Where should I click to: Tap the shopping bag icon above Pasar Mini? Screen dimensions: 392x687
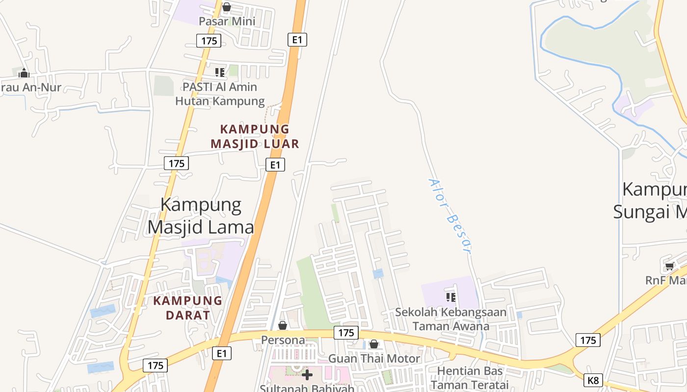pyautogui.click(x=226, y=7)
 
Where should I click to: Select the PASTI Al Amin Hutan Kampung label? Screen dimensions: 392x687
pyautogui.click(x=220, y=94)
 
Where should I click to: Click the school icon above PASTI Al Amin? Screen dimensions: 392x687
pyautogui.click(x=220, y=73)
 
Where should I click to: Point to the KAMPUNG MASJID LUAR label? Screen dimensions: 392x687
pyautogui.click(x=255, y=136)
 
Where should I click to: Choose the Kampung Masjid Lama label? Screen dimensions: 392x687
pyautogui.click(x=201, y=216)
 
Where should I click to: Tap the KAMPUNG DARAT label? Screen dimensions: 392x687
pyautogui.click(x=188, y=308)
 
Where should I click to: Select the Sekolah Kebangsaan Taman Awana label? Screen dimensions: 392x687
pyautogui.click(x=451, y=319)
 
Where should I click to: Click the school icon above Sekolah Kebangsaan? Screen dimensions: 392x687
pyautogui.click(x=451, y=297)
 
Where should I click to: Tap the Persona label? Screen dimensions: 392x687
pyautogui.click(x=283, y=340)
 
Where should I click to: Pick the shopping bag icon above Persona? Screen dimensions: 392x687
pyautogui.click(x=283, y=325)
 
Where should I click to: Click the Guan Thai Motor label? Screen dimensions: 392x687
pyautogui.click(x=374, y=359)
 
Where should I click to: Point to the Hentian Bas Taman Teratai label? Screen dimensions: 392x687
pyautogui.click(x=470, y=377)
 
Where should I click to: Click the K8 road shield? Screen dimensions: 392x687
pyautogui.click(x=593, y=380)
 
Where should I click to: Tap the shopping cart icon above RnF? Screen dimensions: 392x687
pyautogui.click(x=669, y=266)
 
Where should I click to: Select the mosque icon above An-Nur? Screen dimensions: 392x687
pyautogui.click(x=24, y=73)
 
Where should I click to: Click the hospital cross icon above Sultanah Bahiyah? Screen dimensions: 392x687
pyautogui.click(x=307, y=375)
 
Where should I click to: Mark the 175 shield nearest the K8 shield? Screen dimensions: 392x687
pyautogui.click(x=587, y=340)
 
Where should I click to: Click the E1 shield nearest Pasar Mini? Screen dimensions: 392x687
pyautogui.click(x=297, y=40)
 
